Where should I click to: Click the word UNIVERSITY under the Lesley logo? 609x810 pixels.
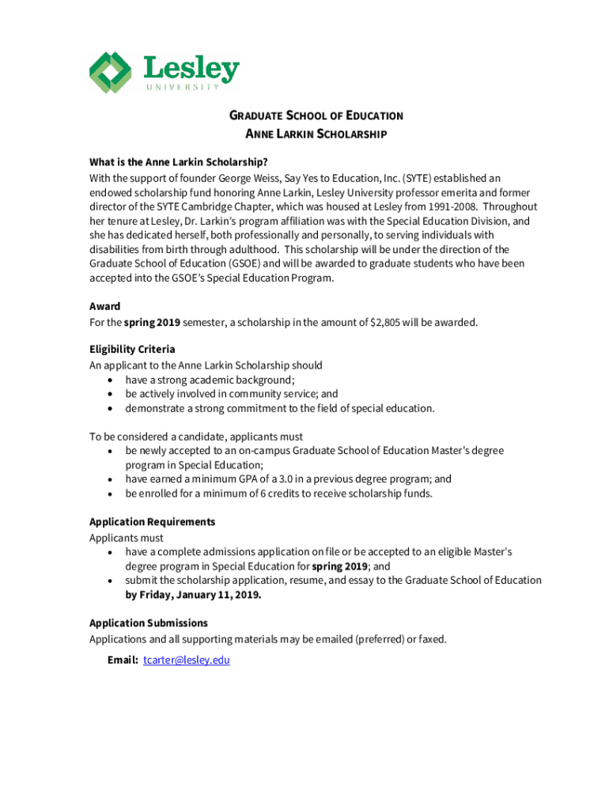[x=182, y=86]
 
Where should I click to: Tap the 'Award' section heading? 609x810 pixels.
[x=104, y=306]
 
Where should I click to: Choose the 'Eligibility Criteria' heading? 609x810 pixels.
[x=132, y=349]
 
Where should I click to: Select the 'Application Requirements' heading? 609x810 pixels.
[x=152, y=522]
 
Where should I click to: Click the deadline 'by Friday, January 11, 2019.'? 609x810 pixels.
[x=193, y=595]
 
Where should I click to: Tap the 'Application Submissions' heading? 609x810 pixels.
[x=149, y=623]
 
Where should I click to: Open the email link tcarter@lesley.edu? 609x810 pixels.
[x=186, y=660]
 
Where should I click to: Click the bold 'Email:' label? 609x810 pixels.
[x=123, y=660]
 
